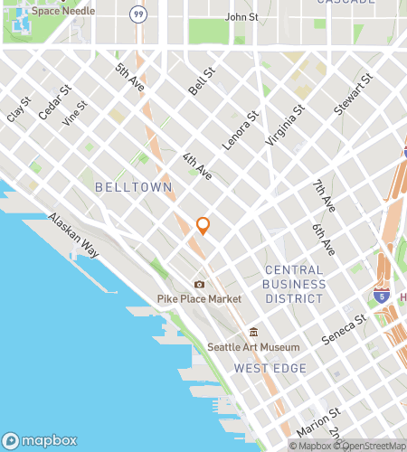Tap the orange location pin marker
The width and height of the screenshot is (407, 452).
coord(203,226)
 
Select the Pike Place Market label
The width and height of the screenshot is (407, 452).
coord(199,299)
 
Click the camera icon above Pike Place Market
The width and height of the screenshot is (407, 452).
coord(199,284)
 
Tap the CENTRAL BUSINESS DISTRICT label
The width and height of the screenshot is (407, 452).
coord(294,284)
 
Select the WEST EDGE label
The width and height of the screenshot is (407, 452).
coord(270,368)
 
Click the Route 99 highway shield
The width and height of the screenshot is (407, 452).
coord(137,14)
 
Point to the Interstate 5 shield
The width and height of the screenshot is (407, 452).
coord(382,296)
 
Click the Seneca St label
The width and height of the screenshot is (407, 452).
coord(347,329)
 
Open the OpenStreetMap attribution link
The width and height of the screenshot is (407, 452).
coord(370,446)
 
